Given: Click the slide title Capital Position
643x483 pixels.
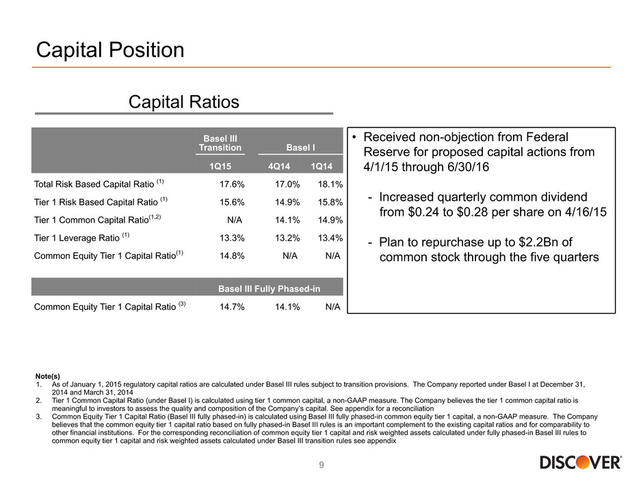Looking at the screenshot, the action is (x=110, y=50).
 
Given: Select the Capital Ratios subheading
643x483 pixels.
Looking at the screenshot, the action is (x=184, y=102).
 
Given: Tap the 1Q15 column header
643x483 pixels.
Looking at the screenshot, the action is (x=220, y=166).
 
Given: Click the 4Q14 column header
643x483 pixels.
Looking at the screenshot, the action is (x=279, y=166).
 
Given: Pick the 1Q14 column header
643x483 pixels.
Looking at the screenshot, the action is (x=321, y=166).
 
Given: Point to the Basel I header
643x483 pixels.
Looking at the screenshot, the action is (x=300, y=147).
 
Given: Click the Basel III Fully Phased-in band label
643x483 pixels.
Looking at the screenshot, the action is (x=269, y=288).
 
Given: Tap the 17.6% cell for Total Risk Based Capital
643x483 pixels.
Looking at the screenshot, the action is (x=232, y=184).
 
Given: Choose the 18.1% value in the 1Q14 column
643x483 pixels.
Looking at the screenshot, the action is (x=330, y=184).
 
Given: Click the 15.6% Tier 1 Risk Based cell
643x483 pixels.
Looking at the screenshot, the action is (x=232, y=202).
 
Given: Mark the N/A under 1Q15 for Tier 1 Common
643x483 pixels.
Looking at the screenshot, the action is (x=235, y=220).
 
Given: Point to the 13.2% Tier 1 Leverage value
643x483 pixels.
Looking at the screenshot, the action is (x=287, y=238).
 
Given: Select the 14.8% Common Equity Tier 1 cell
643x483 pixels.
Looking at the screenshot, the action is (x=232, y=256).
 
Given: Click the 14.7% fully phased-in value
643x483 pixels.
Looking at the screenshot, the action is (x=232, y=307).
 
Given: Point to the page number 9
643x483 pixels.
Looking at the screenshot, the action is (x=321, y=465).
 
